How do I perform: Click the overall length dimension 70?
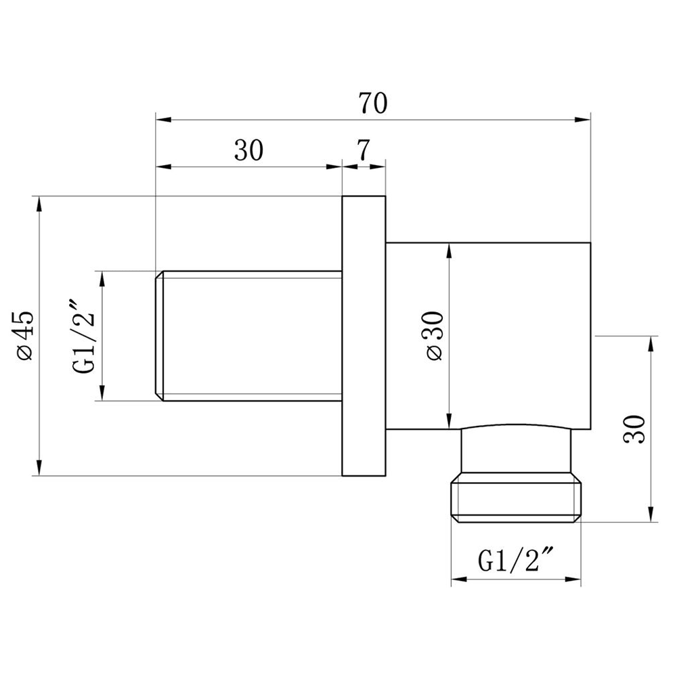pyautogui.click(x=373, y=103)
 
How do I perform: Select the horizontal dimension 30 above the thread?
pyautogui.click(x=248, y=150)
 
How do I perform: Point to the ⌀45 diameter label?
pyautogui.click(x=24, y=336)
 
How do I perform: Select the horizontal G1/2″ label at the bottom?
pyautogui.click(x=515, y=560)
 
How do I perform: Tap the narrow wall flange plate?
pyautogui.click(x=364, y=336)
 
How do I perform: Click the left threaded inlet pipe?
pyautogui.click(x=248, y=336)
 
